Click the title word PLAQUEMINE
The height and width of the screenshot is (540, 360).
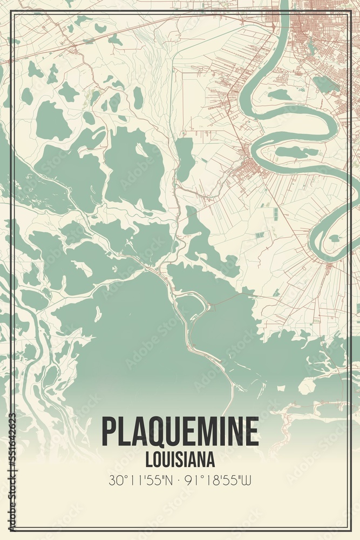pyautogui.click(x=180, y=432)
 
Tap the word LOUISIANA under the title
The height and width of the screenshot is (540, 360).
pyautogui.click(x=180, y=460)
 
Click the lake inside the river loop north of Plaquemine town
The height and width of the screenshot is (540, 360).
pyautogui.click(x=280, y=95)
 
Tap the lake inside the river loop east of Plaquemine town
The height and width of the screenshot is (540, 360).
pyautogui.click(x=296, y=152)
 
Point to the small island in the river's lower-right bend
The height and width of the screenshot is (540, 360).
pyautogui.click(x=335, y=238)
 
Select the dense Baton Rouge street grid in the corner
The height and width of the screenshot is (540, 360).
pyautogui.click(x=324, y=32)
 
